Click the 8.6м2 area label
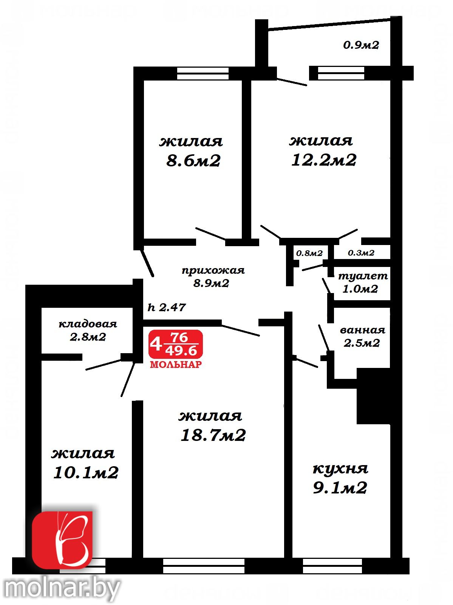(x=193, y=161)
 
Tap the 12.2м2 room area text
(x=324, y=160)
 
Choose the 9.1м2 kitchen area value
(x=340, y=487)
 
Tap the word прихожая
(x=213, y=270)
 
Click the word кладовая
(x=88, y=324)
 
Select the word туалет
(x=363, y=276)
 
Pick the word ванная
(x=363, y=330)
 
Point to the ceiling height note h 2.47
(x=167, y=307)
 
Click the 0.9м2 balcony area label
(x=361, y=45)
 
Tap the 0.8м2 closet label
(x=309, y=253)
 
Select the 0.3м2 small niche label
(x=361, y=253)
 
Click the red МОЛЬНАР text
(x=176, y=365)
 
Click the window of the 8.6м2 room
(x=203, y=73)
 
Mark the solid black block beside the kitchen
(x=373, y=396)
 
